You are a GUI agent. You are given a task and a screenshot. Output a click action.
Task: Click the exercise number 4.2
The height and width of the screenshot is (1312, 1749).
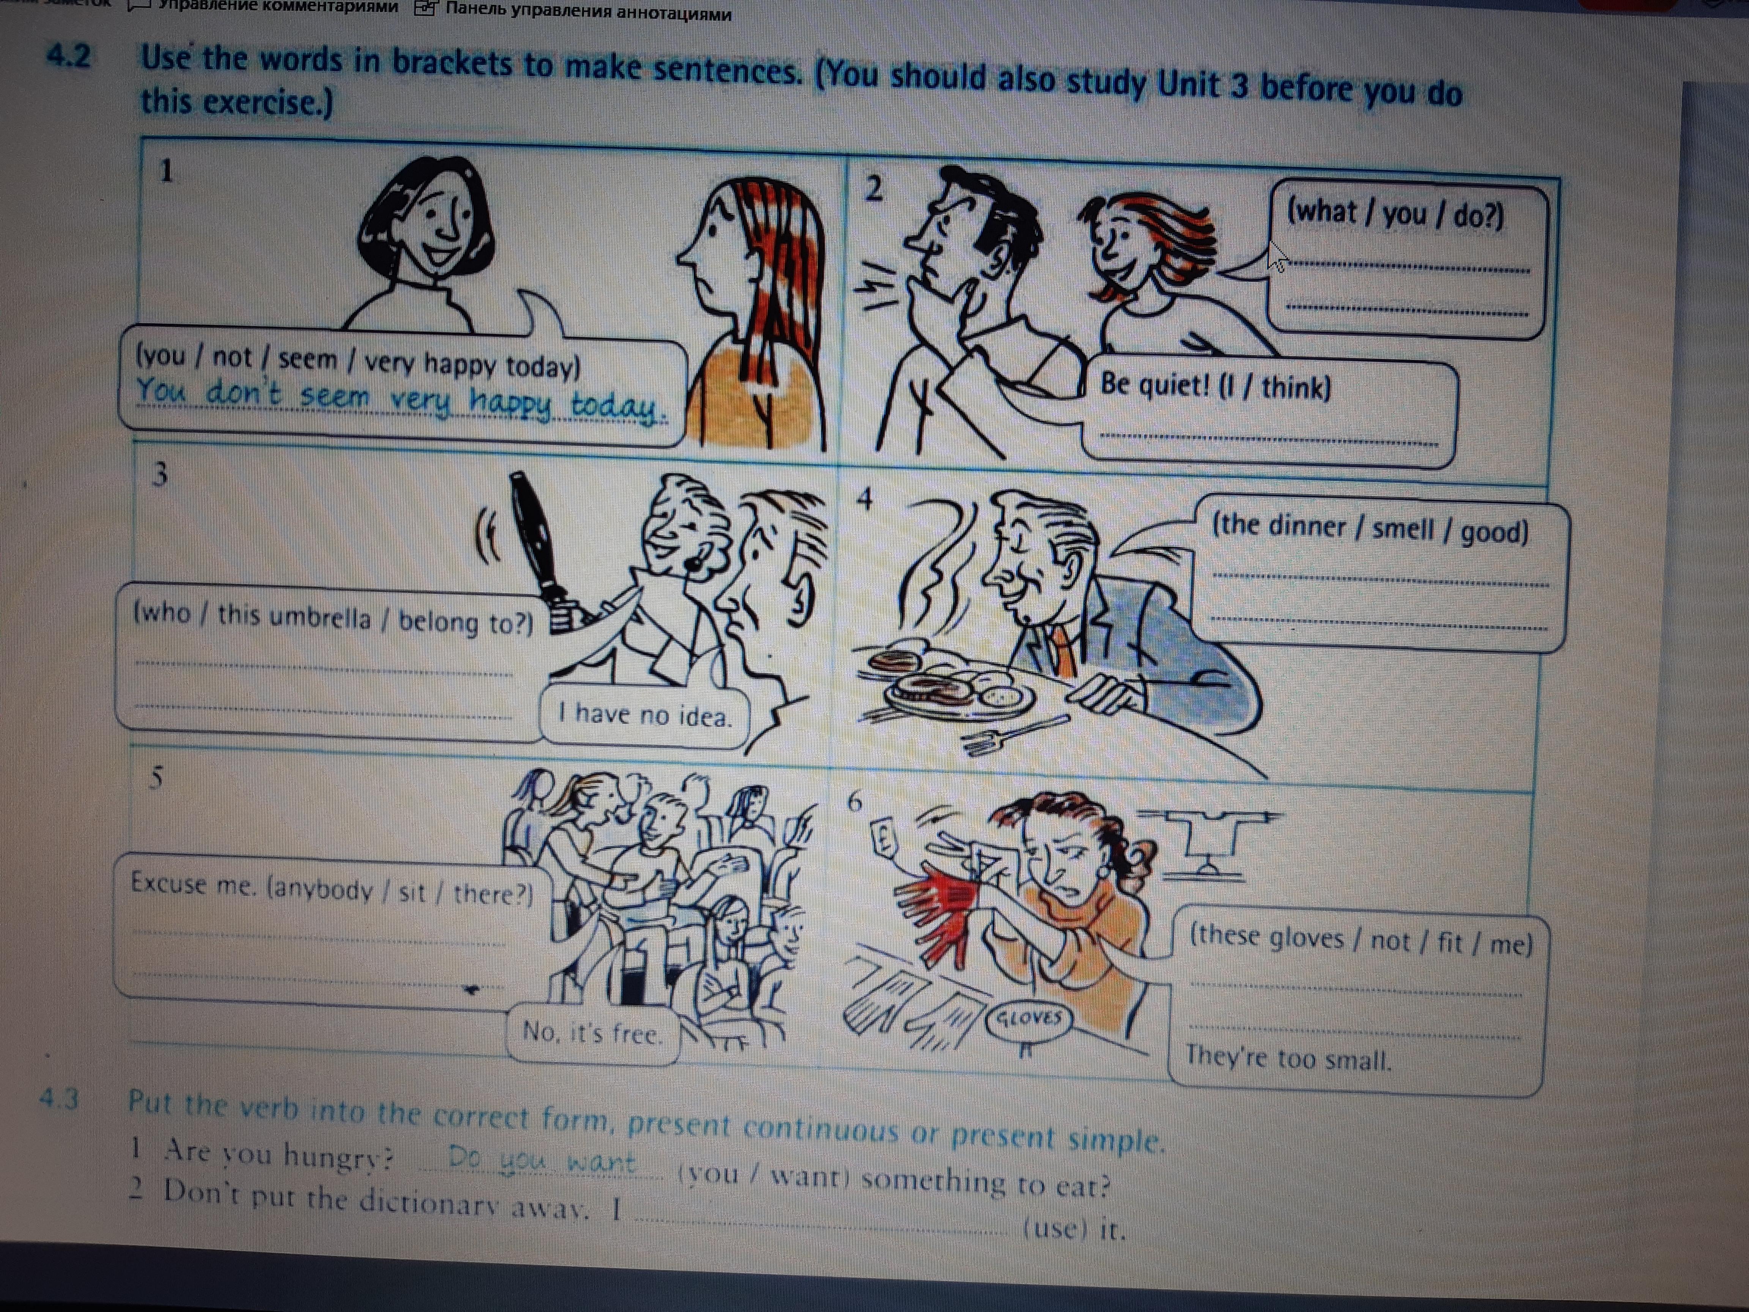[x=69, y=56]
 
